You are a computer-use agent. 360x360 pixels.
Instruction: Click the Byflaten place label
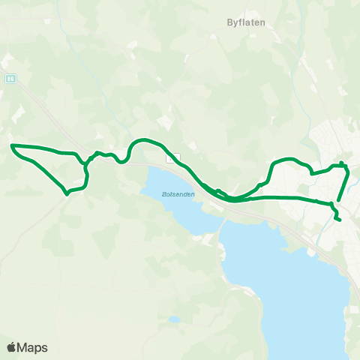point(247,22)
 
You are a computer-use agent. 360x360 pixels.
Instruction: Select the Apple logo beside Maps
point(11,347)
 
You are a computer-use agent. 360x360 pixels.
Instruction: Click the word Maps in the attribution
point(33,347)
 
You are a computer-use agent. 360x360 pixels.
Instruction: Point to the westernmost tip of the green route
point(12,145)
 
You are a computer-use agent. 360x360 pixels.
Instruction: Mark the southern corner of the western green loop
point(67,193)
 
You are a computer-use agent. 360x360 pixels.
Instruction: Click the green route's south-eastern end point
point(340,220)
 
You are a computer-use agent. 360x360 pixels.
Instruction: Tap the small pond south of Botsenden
point(174,319)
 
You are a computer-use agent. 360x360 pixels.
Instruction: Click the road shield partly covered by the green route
point(174,158)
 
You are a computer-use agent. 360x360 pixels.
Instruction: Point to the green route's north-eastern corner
point(342,163)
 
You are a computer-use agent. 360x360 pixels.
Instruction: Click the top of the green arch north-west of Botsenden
point(142,139)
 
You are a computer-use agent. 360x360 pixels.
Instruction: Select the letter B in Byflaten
point(229,22)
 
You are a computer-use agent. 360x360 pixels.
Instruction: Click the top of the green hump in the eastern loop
point(289,159)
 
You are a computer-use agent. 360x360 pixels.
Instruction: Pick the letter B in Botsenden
point(163,194)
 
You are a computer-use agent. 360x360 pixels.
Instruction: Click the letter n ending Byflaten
point(264,22)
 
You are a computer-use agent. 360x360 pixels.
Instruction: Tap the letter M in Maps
point(22,347)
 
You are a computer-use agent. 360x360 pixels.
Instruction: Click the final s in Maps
point(44,348)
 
